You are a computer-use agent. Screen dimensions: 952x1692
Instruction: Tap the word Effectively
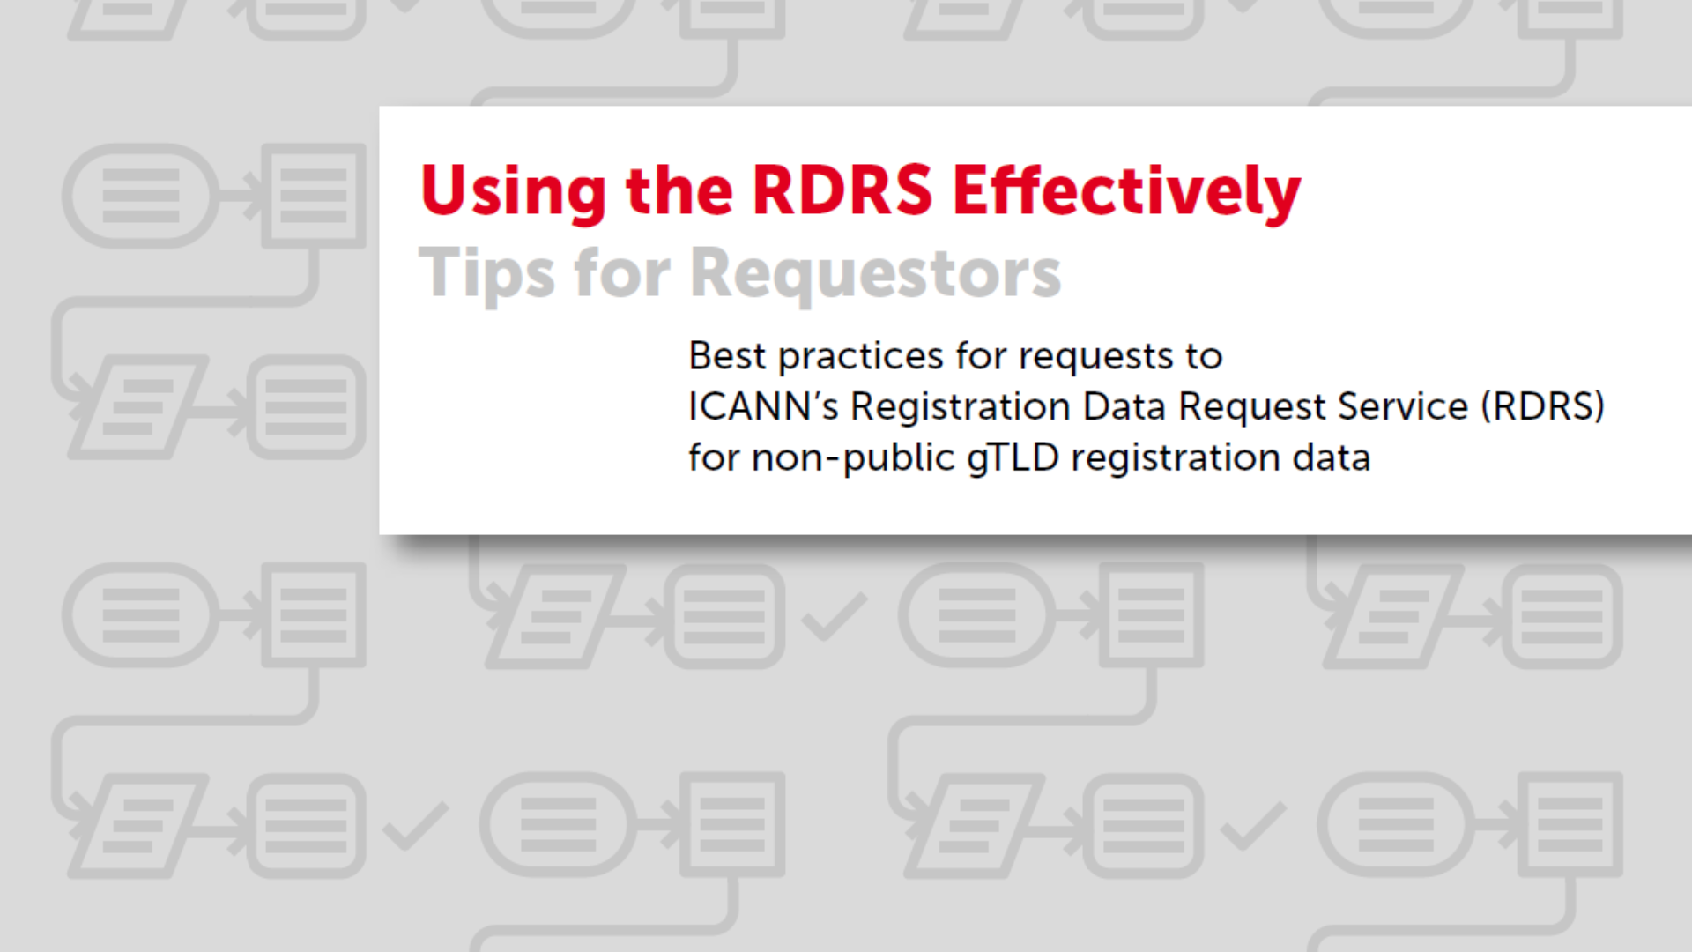[1126, 191]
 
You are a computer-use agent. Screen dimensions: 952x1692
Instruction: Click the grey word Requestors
[875, 273]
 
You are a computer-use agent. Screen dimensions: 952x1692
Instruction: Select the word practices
[860, 357]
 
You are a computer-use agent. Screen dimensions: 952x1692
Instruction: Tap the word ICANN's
[763, 406]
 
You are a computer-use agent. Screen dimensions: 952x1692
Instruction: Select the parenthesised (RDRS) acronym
[1542, 406]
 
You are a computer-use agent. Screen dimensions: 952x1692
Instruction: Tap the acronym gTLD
[1013, 458]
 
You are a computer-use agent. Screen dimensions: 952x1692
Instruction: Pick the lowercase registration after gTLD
[1175, 458]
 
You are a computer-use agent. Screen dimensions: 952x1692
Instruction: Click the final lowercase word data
[1331, 457]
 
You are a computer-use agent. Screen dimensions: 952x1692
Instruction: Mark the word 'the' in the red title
[679, 190]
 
